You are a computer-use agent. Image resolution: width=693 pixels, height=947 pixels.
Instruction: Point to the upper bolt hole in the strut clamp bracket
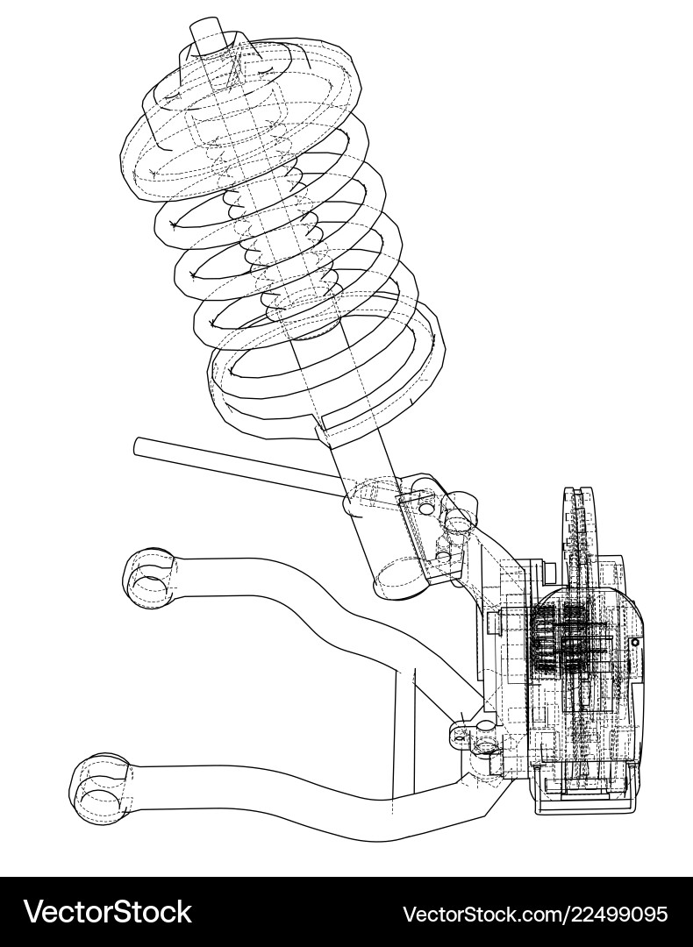click(x=427, y=508)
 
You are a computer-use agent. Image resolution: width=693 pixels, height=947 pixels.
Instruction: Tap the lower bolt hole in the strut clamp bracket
click(x=442, y=556)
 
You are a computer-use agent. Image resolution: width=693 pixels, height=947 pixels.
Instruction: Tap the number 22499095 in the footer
click(x=606, y=914)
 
